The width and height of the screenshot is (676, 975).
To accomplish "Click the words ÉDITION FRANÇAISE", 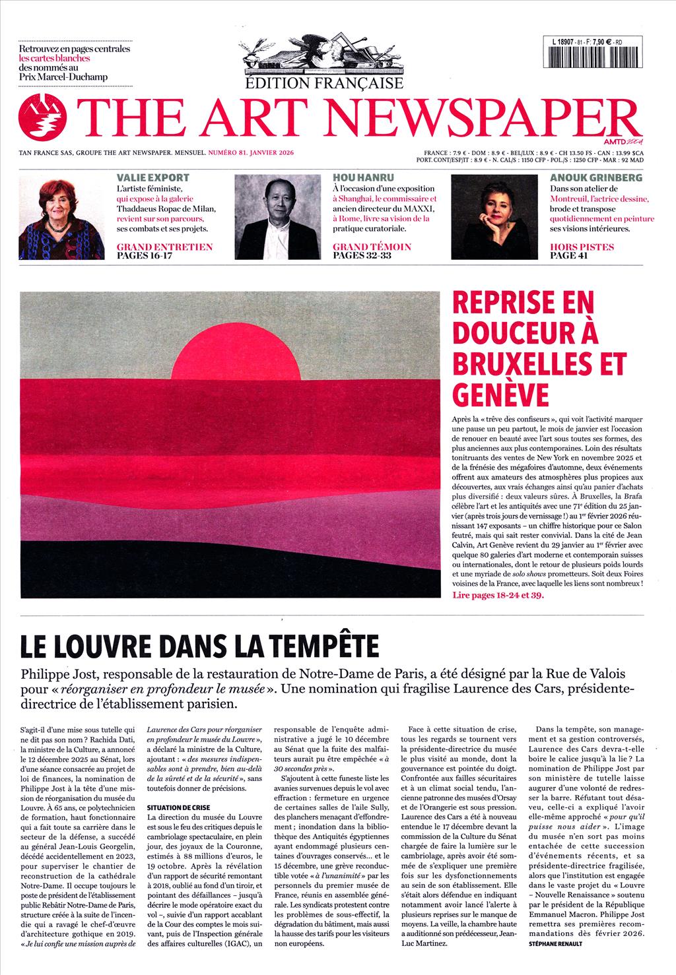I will pos(323,83).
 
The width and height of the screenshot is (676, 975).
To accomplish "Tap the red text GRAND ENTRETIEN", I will pos(164,247).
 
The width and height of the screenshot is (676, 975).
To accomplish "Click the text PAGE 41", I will pos(568,256).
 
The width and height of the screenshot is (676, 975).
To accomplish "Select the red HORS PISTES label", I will pos(582,247).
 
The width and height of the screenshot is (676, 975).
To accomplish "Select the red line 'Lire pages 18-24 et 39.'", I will pos(499,594).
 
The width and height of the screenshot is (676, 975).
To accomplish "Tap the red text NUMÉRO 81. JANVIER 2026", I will pos(250,153).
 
